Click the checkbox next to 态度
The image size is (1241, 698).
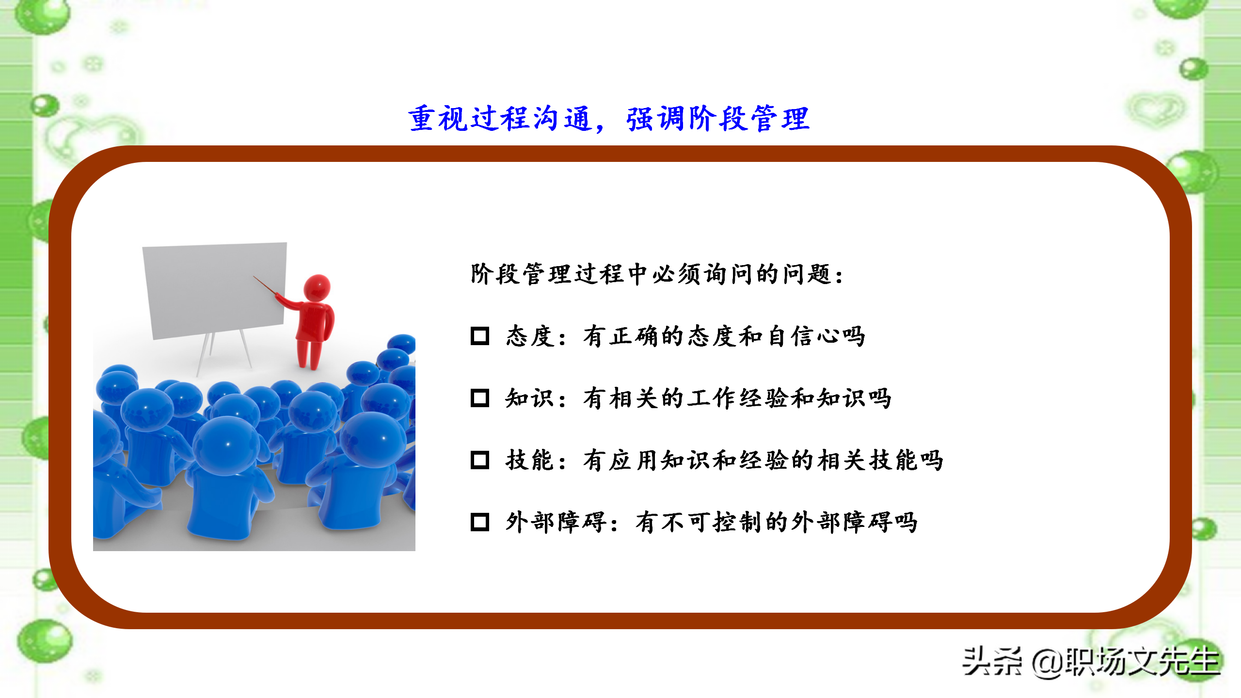point(479,335)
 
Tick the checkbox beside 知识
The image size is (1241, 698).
point(479,398)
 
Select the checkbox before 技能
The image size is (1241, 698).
point(479,460)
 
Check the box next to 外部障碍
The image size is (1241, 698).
point(479,522)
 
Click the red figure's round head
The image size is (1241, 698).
point(317,287)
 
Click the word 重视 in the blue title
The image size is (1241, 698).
point(438,118)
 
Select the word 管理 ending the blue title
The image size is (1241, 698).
point(780,118)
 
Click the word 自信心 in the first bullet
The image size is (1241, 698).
point(803,336)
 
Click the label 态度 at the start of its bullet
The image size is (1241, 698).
point(529,336)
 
